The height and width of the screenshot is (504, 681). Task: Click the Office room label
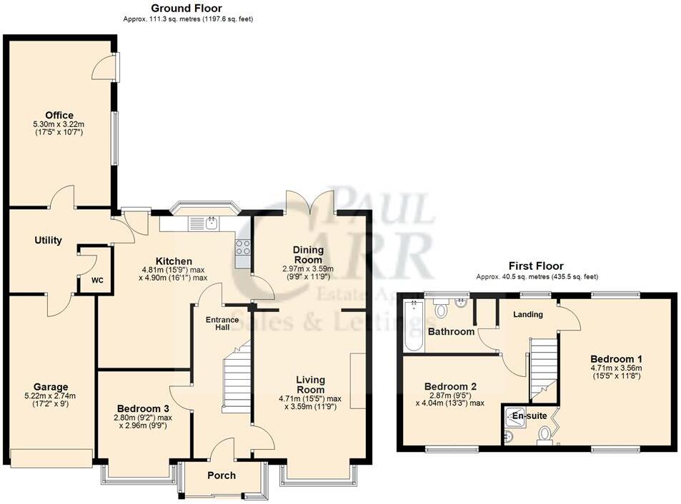59,115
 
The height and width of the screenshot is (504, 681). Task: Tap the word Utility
48,241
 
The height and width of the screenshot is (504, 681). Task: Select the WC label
97,280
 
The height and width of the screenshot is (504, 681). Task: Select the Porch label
222,475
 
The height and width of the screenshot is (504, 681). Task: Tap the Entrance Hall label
222,323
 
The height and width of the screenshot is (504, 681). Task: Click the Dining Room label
308,255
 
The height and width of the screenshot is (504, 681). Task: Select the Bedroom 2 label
449,387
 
